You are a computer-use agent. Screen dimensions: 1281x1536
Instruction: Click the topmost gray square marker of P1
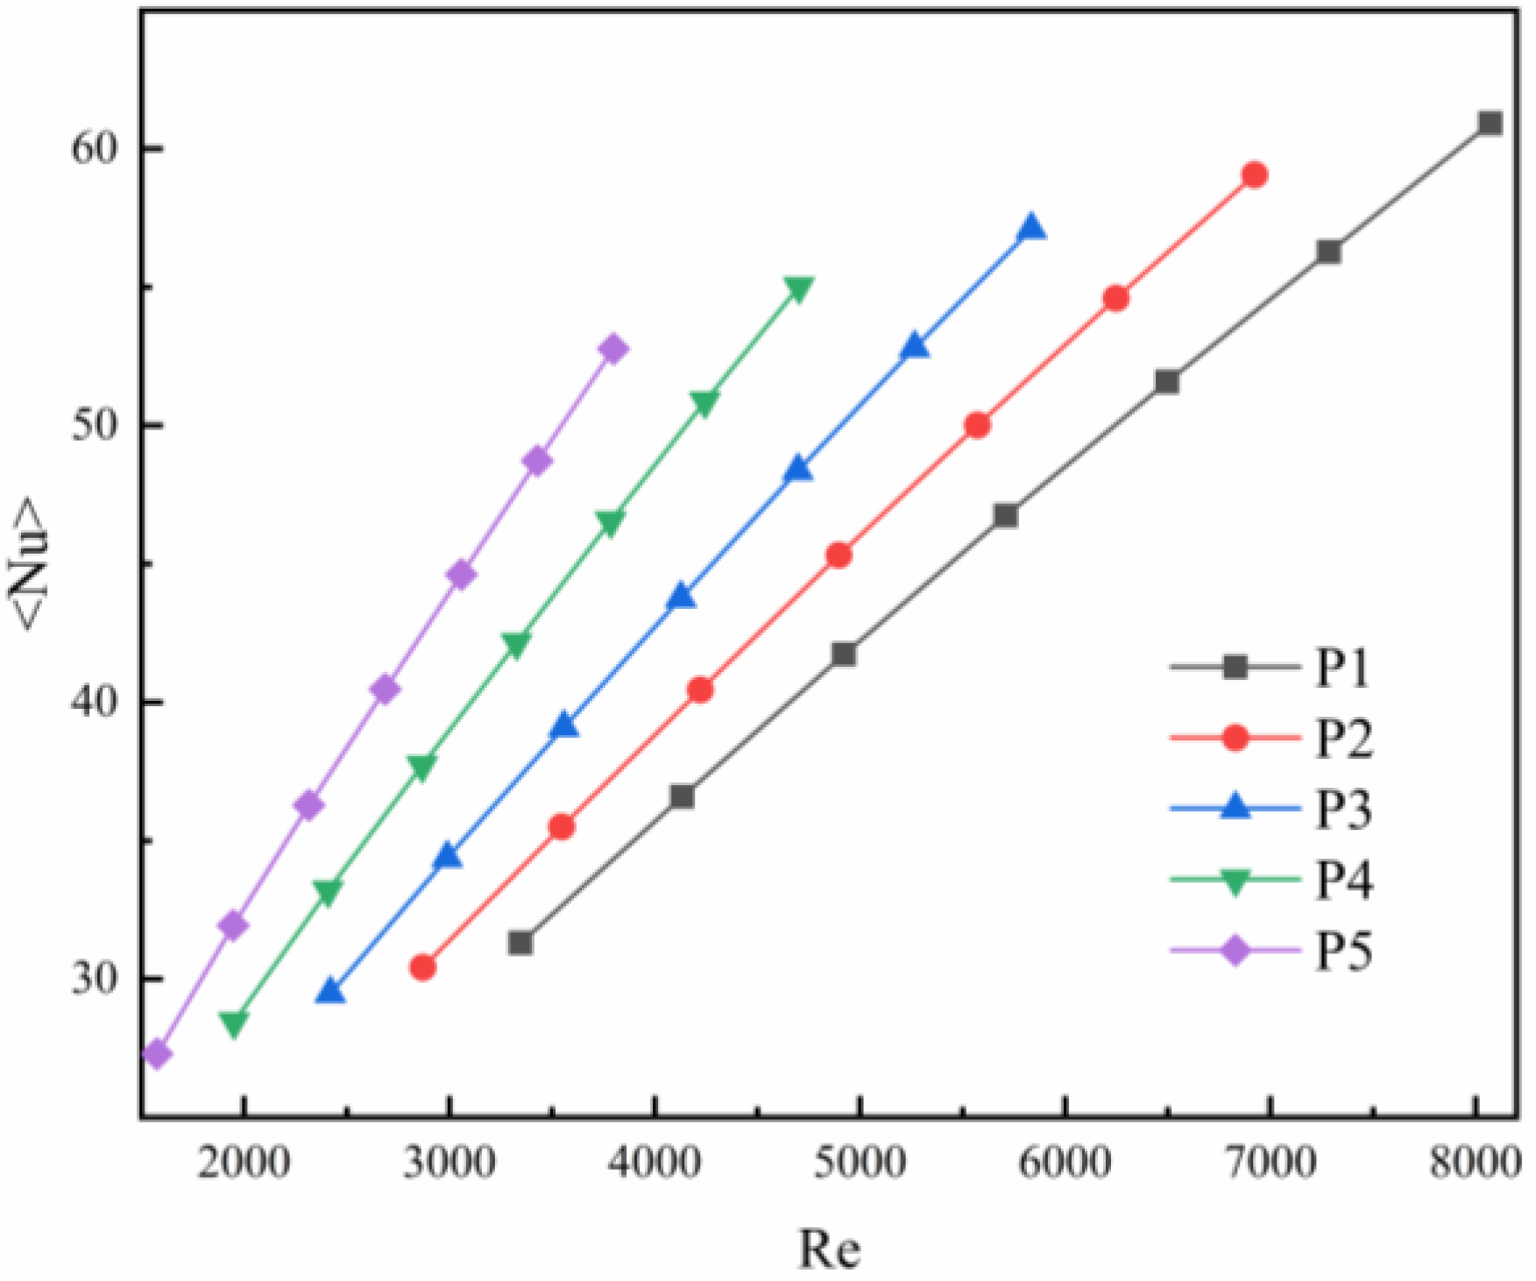1490,123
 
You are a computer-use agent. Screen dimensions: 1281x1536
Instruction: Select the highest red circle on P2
1254,175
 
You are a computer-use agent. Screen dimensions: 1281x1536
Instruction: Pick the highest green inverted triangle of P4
798,289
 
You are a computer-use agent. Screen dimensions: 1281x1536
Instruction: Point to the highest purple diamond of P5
613,349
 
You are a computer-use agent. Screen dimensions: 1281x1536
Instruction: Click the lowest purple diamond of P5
157,1054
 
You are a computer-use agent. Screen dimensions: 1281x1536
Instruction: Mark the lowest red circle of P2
422,967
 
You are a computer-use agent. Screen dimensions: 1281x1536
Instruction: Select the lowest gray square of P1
520,943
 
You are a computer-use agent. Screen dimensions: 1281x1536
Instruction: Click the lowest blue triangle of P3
330,992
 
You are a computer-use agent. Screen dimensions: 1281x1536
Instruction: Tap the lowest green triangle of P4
233,1023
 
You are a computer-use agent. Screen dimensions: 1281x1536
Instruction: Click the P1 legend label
1342,669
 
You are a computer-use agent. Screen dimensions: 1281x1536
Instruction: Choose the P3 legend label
1343,810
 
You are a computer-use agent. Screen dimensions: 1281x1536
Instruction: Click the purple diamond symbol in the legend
1235,951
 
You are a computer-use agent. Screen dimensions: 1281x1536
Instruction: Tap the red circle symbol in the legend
1235,739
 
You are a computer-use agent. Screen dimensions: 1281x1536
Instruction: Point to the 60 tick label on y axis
94,148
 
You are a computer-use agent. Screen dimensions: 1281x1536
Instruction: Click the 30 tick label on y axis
94,978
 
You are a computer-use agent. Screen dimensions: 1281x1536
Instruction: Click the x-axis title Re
829,1248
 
